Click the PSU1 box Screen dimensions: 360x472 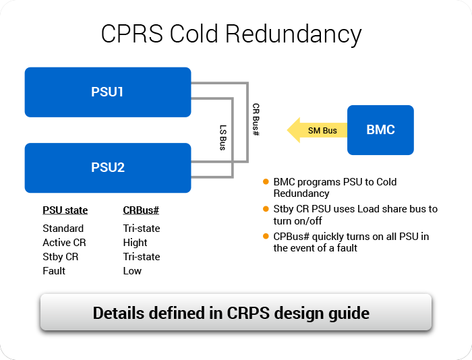tap(107, 92)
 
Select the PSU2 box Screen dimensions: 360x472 tap(107, 167)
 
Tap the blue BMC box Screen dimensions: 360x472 tap(380, 130)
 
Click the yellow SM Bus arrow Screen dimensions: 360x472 tap(317, 130)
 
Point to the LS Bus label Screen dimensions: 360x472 tap(223, 136)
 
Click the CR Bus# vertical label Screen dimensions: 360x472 tap(256, 121)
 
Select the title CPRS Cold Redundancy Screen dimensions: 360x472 tap(231, 34)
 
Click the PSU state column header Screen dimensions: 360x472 tap(65, 210)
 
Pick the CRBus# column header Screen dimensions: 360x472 tap(140, 210)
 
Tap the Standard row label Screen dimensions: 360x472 tap(63, 229)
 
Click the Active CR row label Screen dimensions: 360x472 tap(64, 243)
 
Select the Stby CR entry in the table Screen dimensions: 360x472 tap(60, 257)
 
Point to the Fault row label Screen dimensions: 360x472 tap(54, 271)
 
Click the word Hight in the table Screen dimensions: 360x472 tap(135, 243)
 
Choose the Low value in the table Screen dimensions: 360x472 tap(132, 271)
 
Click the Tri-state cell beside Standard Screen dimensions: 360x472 tap(141, 229)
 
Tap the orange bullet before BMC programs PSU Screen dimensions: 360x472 tap(266, 182)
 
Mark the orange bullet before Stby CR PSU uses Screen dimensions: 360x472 tap(266, 209)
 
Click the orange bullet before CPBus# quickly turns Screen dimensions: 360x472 tap(266, 236)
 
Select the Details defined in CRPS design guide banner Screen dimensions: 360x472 tap(235, 313)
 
